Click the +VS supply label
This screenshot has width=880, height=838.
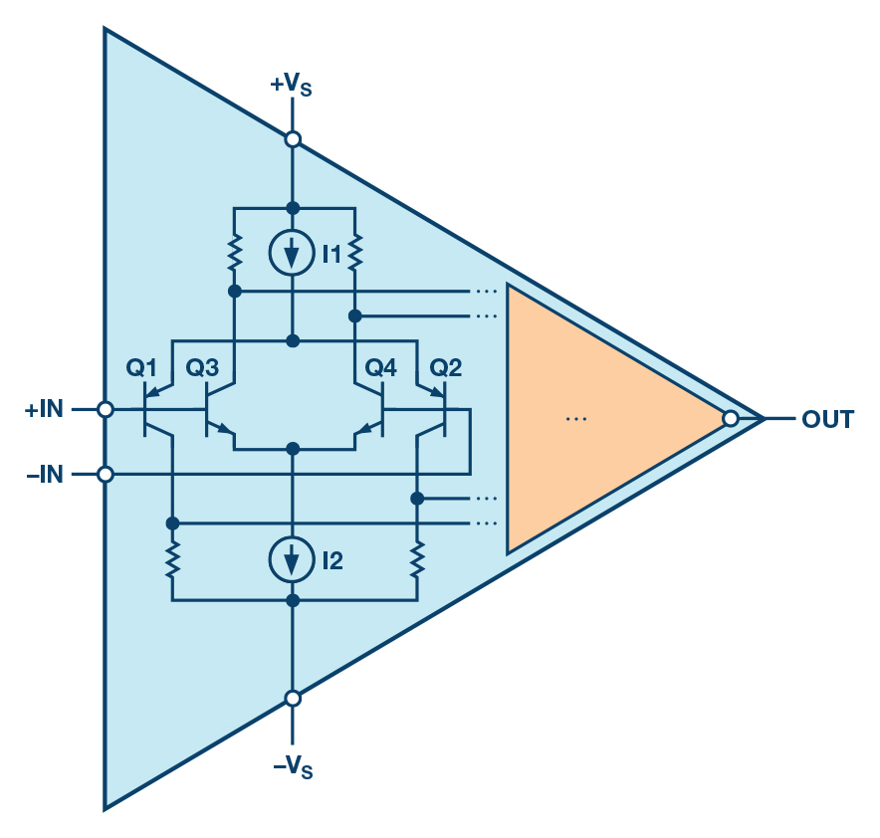tap(291, 85)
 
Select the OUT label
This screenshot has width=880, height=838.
tap(827, 420)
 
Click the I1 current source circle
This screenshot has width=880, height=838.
tap(293, 255)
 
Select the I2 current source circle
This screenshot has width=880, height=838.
tap(293, 561)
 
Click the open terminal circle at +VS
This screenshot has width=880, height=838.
tap(293, 140)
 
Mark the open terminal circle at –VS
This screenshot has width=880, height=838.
tap(293, 699)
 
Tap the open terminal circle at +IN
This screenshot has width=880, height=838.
tap(106, 409)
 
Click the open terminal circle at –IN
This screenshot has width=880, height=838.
tap(106, 475)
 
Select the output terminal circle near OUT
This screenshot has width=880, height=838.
tap(730, 419)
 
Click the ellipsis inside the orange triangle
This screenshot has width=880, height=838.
tap(576, 420)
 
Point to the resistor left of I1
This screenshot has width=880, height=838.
tap(234, 252)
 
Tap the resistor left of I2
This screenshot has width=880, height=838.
tap(172, 559)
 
